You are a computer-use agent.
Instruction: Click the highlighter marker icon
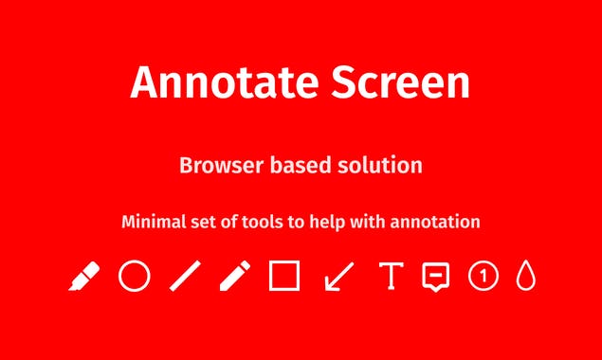click(84, 277)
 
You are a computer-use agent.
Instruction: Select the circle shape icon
click(135, 277)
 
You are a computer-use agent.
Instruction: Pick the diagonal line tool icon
click(186, 277)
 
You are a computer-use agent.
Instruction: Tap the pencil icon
click(234, 277)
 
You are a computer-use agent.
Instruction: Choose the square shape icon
click(284, 277)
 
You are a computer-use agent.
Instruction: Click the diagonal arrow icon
click(338, 277)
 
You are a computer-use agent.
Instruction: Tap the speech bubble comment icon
click(435, 277)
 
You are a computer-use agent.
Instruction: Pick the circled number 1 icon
click(483, 277)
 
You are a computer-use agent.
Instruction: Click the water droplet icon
click(526, 277)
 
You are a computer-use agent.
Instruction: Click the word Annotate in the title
click(212, 83)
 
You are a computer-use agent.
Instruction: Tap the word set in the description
click(208, 223)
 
